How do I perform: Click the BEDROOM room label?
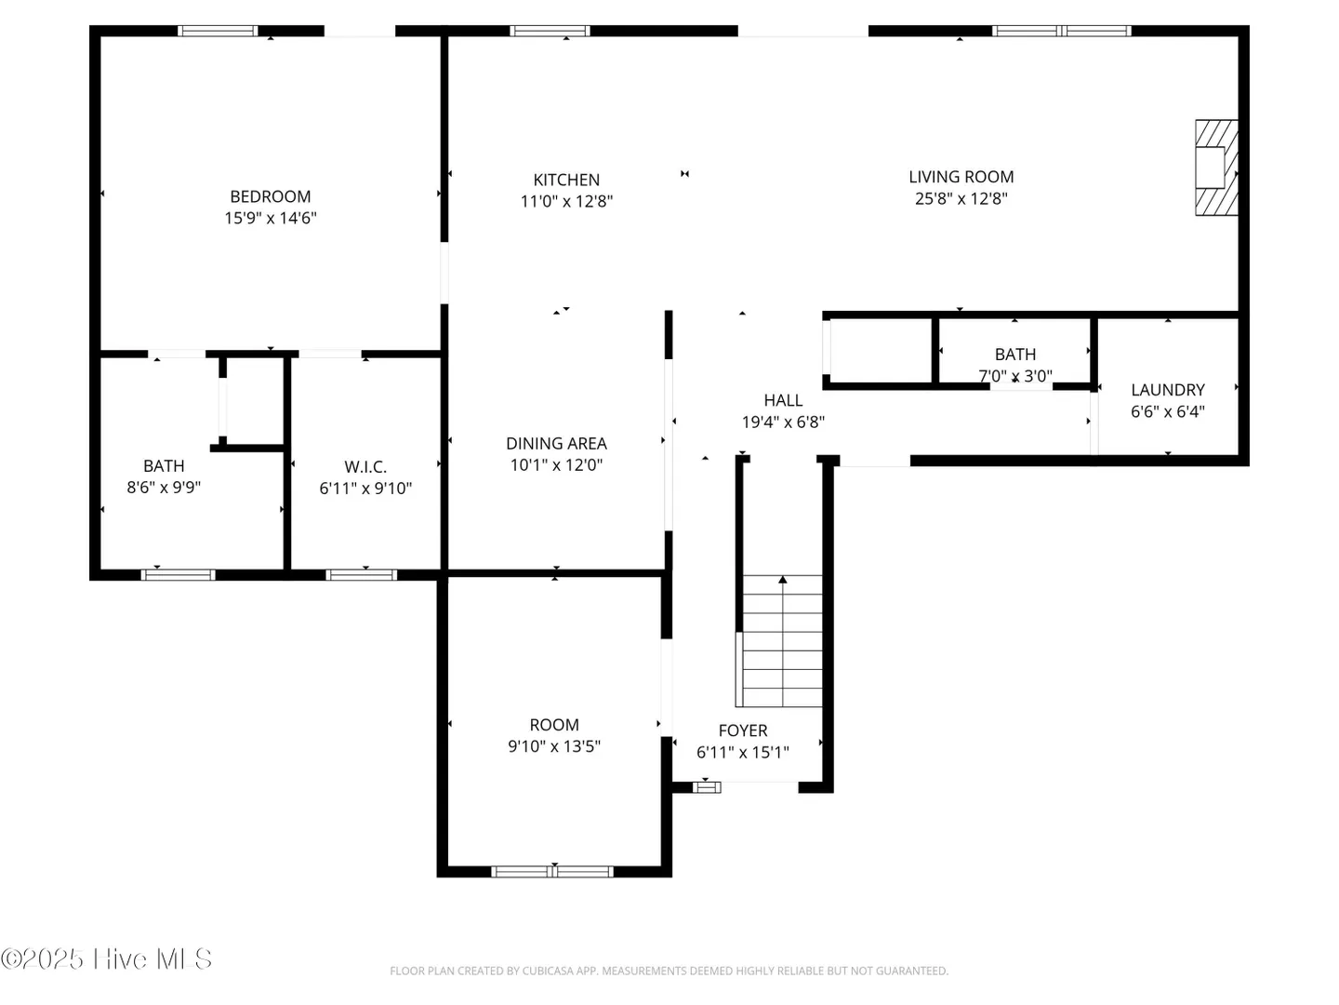point(271,196)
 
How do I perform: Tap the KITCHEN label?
point(566,180)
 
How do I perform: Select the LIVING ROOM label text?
point(961,177)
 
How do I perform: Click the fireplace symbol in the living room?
point(1215,167)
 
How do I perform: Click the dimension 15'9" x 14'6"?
point(271,218)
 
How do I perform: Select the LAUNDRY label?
point(1168,390)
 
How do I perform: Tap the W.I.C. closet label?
point(365,467)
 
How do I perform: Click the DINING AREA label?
point(556,444)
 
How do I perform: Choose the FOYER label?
point(742,730)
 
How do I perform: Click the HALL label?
point(783,400)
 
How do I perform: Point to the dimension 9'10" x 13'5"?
point(554,746)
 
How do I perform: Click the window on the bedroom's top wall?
point(218,31)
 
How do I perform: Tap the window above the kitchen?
point(550,31)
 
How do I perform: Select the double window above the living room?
point(1062,31)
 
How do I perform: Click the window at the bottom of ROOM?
point(552,871)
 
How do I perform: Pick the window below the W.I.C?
point(361,575)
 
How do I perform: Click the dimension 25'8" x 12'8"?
point(961,198)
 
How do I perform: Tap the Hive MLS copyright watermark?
point(106,958)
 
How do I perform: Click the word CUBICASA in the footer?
point(547,971)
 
